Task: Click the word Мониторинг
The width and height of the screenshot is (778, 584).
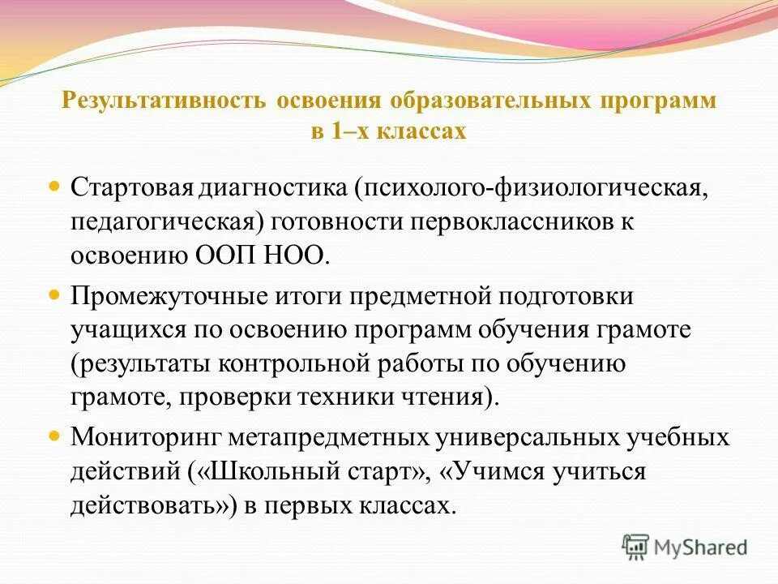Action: (146, 439)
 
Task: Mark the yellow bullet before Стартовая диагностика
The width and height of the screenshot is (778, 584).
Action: (55, 187)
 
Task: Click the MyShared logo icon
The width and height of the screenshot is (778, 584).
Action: (636, 547)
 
